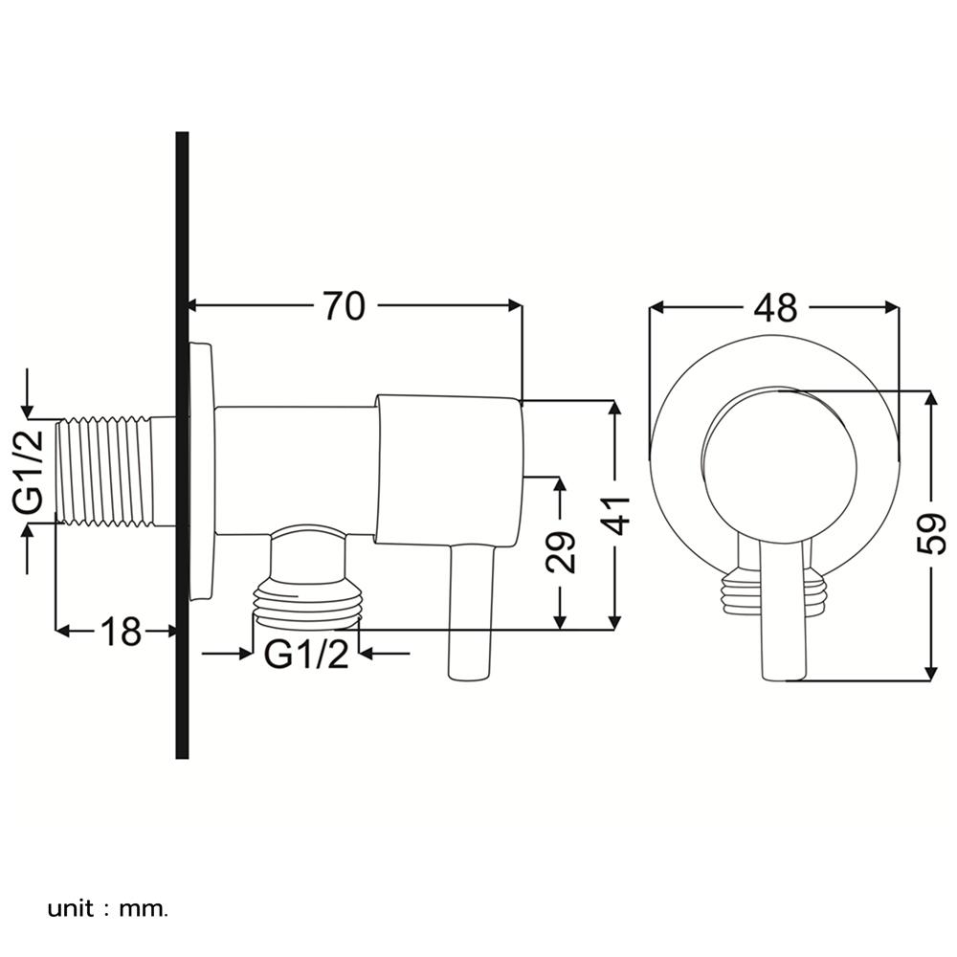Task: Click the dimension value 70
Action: tap(344, 307)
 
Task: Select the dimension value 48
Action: tap(774, 307)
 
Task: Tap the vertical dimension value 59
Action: tap(929, 534)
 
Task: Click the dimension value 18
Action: tap(122, 631)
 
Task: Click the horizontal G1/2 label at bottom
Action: tap(306, 656)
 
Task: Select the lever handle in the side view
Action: tap(470, 612)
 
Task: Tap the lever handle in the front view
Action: tap(782, 612)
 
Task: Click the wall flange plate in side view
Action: tap(201, 473)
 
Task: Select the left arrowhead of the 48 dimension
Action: tap(657, 307)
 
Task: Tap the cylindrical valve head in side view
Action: tap(450, 469)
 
